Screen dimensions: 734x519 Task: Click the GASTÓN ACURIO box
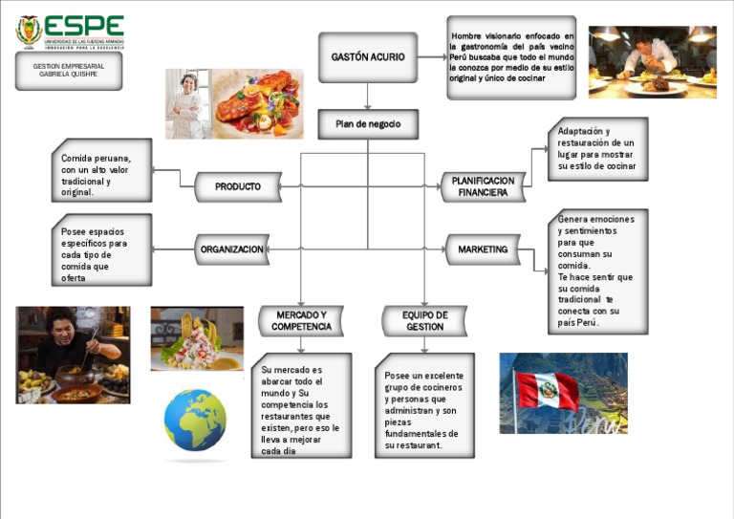[x=368, y=57]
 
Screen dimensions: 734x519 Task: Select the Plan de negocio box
[x=368, y=124]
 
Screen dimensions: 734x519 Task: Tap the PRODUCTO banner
[x=238, y=187]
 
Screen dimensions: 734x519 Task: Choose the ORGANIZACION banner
[x=232, y=250]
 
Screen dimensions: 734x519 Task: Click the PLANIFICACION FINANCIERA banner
[x=483, y=186]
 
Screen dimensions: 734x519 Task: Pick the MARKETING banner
[x=483, y=250]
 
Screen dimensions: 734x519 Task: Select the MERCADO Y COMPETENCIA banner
[x=301, y=321]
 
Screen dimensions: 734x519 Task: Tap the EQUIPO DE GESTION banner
[x=425, y=321]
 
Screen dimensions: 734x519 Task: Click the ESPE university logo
[x=70, y=31]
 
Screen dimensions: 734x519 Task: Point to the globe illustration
[x=195, y=420]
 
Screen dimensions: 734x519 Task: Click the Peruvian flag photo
[x=563, y=393]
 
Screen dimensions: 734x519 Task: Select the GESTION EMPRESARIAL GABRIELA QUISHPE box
[x=69, y=71]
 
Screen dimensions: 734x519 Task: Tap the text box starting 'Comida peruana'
[x=102, y=170]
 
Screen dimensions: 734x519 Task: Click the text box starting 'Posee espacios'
[x=102, y=249]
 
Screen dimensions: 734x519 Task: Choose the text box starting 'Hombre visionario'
[x=511, y=57]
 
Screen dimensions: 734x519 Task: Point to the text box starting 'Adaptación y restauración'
[x=597, y=149]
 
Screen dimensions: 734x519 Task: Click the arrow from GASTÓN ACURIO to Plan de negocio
[x=368, y=97]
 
